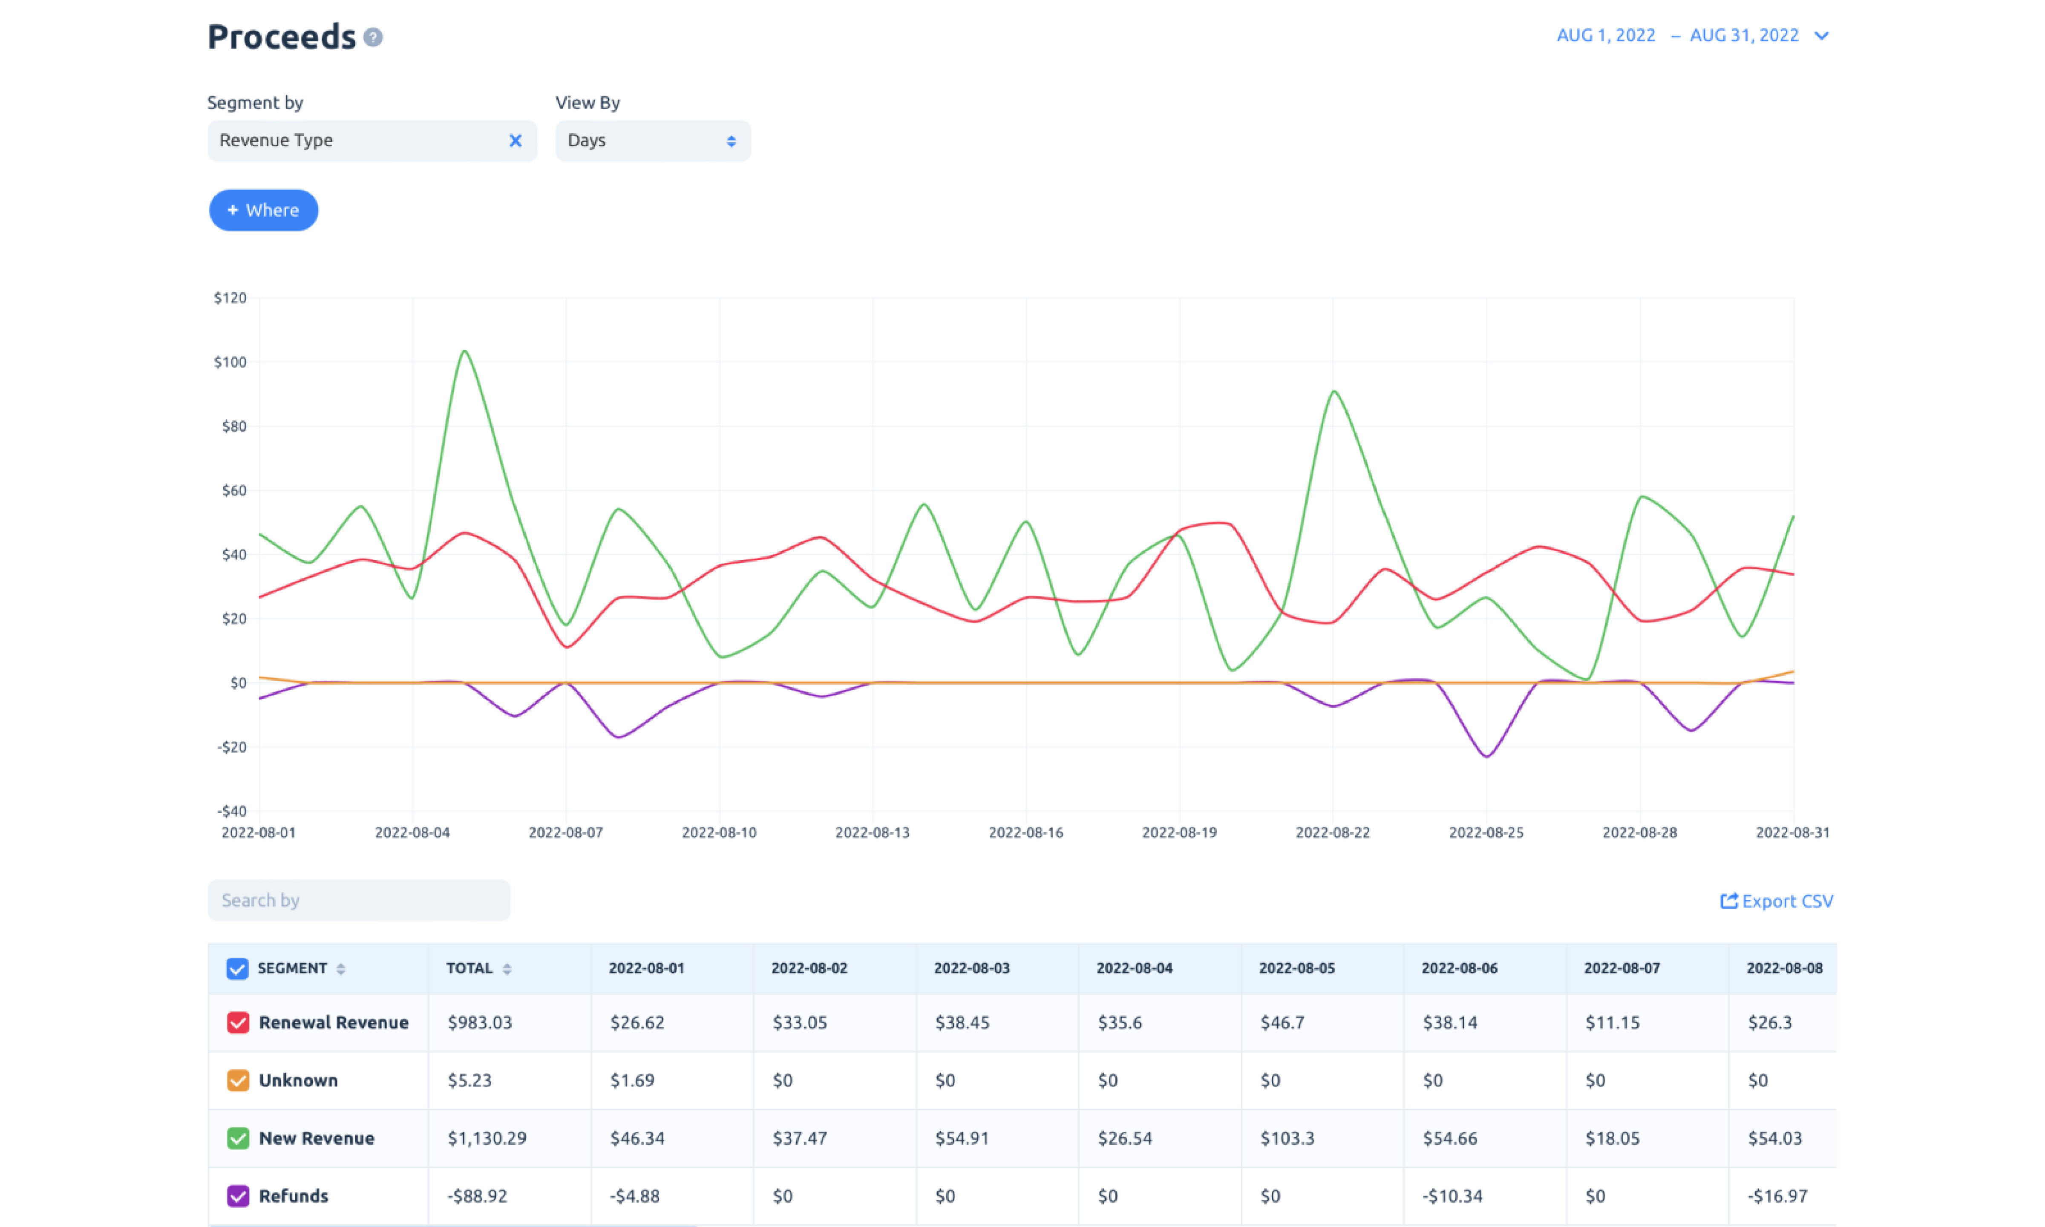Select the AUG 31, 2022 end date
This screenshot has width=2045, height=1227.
[x=1744, y=35]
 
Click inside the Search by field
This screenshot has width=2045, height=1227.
[x=359, y=900]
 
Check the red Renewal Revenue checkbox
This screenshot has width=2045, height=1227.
[x=238, y=1023]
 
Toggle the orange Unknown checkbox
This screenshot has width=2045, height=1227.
[x=238, y=1080]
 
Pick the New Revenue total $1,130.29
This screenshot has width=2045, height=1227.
[x=487, y=1138]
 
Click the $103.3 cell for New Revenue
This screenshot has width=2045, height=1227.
[x=1287, y=1138]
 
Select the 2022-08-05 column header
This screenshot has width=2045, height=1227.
[x=1297, y=968]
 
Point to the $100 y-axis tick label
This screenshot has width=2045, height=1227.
[x=230, y=362]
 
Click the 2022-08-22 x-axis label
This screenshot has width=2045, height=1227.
[x=1333, y=832]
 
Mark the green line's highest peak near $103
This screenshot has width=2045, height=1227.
[x=464, y=351]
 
